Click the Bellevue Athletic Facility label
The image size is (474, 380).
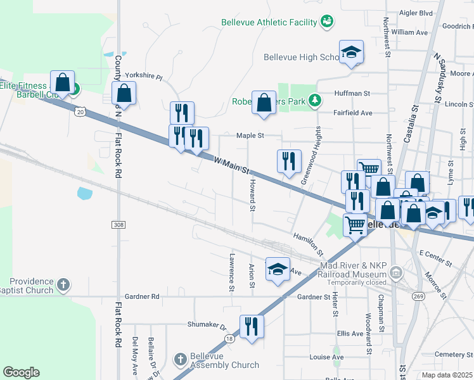(269, 22)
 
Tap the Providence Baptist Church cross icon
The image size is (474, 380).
(63, 285)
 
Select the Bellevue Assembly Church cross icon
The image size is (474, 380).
(179, 360)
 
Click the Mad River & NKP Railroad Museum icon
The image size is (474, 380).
(396, 274)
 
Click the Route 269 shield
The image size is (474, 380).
(419, 296)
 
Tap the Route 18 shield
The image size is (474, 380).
(229, 339)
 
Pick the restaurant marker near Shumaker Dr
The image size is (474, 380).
(252, 327)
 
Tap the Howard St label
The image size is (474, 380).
(252, 194)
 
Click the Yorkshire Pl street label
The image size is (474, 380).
(143, 75)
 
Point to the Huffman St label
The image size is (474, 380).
(352, 93)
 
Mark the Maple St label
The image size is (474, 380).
(250, 135)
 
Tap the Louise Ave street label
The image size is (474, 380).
(326, 357)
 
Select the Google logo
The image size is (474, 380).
(21, 372)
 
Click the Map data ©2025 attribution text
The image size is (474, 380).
(447, 375)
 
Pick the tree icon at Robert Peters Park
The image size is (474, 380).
(314, 100)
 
